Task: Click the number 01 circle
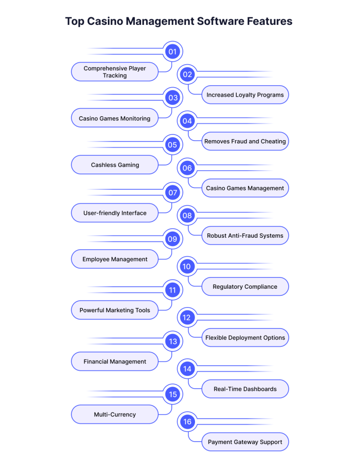tap(172, 52)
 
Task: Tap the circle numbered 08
tap(187, 215)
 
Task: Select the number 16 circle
tap(187, 422)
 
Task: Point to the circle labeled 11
tap(172, 290)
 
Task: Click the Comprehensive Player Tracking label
tap(115, 72)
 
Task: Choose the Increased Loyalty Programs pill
tap(245, 95)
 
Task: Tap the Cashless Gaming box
tap(115, 165)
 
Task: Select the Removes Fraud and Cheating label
tap(245, 141)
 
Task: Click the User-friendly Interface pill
tap(115, 213)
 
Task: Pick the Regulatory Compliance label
tap(245, 286)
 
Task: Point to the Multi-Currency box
tap(115, 414)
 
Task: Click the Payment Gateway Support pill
tap(245, 442)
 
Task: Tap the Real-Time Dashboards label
tap(245, 389)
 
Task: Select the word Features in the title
tap(270, 22)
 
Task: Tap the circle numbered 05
tap(172, 145)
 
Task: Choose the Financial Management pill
tap(115, 361)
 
